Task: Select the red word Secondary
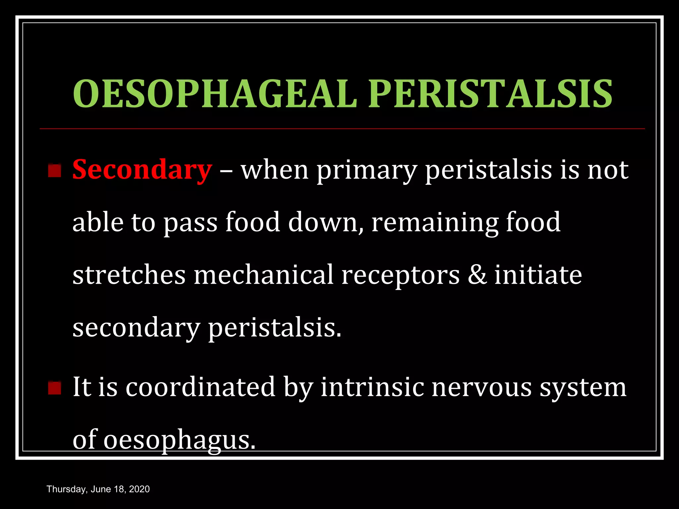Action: (142, 170)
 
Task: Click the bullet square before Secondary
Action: (55, 171)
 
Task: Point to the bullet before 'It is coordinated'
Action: (55, 388)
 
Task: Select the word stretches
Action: (129, 275)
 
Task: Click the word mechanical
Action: (263, 275)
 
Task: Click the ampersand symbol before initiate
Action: (477, 275)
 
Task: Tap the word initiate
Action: (538, 275)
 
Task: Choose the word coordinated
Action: (200, 387)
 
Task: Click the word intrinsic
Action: (372, 387)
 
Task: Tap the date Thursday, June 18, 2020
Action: (98, 489)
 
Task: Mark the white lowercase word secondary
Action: (136, 328)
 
